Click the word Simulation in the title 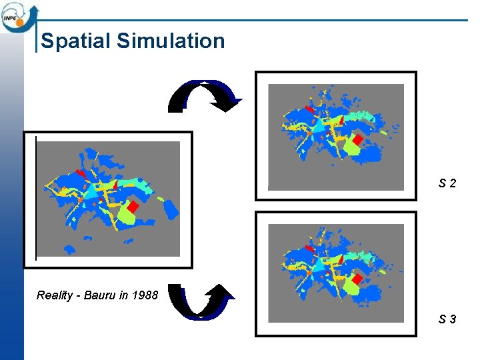tap(171, 41)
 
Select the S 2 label tap(447, 182)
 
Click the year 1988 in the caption tap(145, 295)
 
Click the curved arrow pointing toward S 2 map tap(204, 96)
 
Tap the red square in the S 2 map tap(357, 139)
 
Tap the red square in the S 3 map tap(357, 279)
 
